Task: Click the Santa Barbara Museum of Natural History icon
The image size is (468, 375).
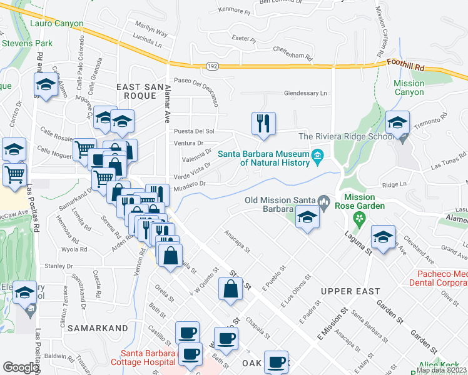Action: (x=317, y=155)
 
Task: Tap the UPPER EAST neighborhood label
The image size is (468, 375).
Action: (x=350, y=291)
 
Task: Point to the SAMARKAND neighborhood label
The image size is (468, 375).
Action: (x=93, y=327)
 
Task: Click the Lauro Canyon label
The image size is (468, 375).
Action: (x=56, y=24)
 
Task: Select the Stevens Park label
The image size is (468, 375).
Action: (x=28, y=44)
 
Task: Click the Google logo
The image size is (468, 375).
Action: (x=21, y=367)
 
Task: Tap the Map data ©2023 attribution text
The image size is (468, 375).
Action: (x=441, y=370)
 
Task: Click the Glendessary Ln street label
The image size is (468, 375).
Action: (x=306, y=93)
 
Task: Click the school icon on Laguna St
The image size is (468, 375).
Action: (x=383, y=237)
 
